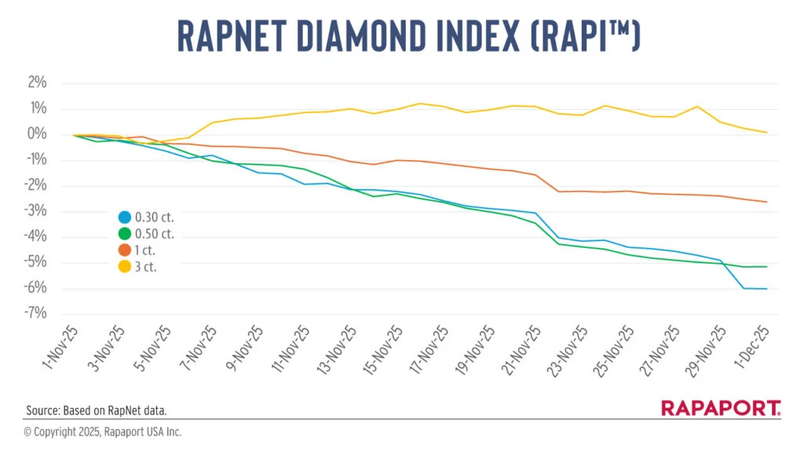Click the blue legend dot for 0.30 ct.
pyautogui.click(x=124, y=218)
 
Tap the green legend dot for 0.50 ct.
pyautogui.click(x=124, y=234)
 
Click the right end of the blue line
pyautogui.click(x=766, y=289)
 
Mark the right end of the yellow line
pyautogui.click(x=766, y=132)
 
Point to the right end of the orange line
pyautogui.click(x=766, y=202)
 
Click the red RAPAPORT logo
pyautogui.click(x=721, y=408)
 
